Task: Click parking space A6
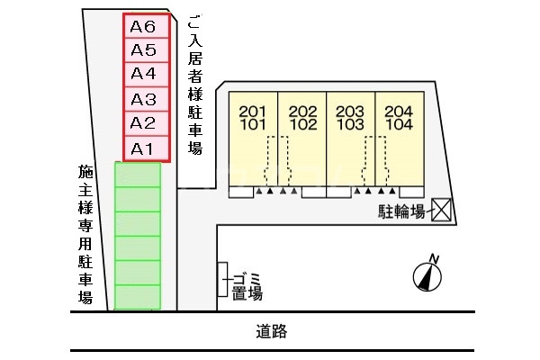click(x=144, y=26)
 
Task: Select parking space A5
click(x=144, y=50)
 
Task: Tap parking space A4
click(x=144, y=75)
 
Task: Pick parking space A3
click(x=144, y=99)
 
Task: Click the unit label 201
click(x=254, y=112)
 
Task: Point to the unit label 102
click(x=302, y=125)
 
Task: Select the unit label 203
click(x=349, y=112)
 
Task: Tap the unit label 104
click(x=398, y=125)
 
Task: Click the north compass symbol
click(x=427, y=274)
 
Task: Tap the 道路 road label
click(x=271, y=332)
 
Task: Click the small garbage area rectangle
click(x=221, y=279)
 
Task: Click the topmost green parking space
click(x=138, y=174)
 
